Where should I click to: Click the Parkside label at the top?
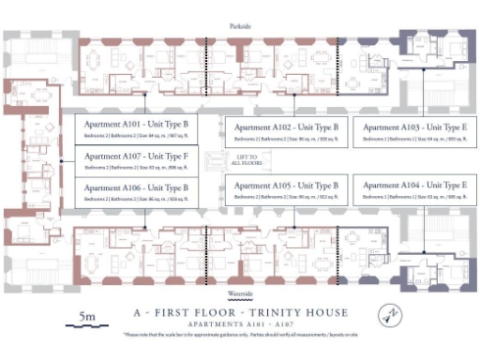click(240, 26)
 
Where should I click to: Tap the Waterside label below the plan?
click(240, 293)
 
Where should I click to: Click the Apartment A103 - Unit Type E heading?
click(413, 127)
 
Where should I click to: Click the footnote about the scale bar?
click(240, 335)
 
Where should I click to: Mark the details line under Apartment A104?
click(413, 198)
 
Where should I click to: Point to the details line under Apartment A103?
click(413, 139)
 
